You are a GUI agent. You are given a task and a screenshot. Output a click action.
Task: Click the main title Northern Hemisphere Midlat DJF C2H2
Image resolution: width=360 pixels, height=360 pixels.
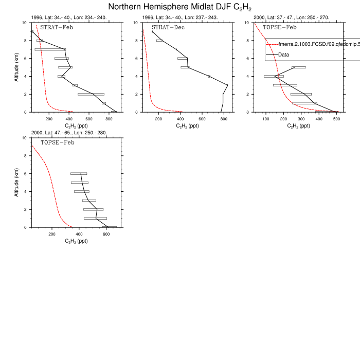coord(179,7)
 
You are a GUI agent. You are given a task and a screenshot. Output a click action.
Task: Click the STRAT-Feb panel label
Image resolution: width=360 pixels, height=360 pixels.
coord(56,27)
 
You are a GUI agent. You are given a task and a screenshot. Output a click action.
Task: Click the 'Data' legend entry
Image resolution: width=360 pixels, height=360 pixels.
coord(284,54)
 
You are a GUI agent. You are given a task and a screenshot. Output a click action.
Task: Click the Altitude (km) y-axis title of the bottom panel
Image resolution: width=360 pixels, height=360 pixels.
coord(17,183)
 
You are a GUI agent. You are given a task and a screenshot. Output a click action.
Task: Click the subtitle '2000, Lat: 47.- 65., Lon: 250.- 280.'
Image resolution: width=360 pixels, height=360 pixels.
coord(70,133)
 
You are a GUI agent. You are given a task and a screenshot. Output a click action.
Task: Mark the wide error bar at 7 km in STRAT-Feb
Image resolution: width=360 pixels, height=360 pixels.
coord(50,49)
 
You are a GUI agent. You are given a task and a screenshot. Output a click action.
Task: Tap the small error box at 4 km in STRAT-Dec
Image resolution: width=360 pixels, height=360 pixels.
coord(209,76)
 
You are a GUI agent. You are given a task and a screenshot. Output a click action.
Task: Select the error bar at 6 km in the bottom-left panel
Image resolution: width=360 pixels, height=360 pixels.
coord(79,173)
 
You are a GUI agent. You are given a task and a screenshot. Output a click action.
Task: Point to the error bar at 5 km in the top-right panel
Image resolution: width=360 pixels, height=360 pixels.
coord(299,67)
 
